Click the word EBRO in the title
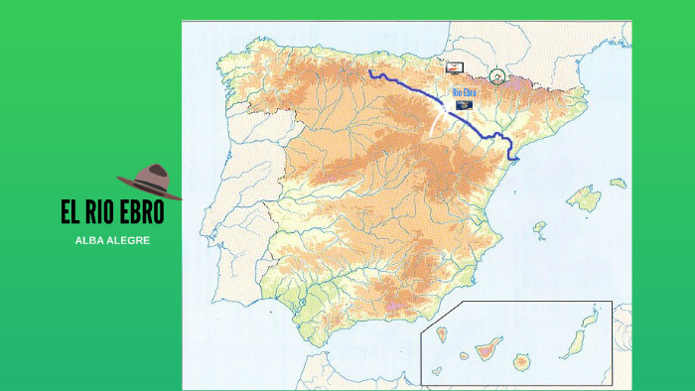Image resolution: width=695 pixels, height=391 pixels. click(x=140, y=214)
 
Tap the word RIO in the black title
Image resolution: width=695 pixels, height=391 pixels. click(x=101, y=214)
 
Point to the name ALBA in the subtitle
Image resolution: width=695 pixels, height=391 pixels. click(x=92, y=241)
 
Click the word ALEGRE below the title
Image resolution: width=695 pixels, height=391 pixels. click(x=130, y=241)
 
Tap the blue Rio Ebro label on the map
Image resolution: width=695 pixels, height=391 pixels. click(x=465, y=92)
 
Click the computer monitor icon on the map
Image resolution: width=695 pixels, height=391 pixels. click(x=454, y=66)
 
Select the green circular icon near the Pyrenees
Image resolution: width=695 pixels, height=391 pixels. click(x=497, y=75)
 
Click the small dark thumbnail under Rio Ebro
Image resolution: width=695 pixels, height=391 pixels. click(x=464, y=104)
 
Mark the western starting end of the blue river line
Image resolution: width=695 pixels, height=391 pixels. click(x=369, y=72)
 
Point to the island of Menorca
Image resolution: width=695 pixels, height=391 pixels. click(x=619, y=184)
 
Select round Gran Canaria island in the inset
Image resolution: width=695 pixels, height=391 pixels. click(x=521, y=361)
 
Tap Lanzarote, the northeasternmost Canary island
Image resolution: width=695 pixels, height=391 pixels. click(x=591, y=321)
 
